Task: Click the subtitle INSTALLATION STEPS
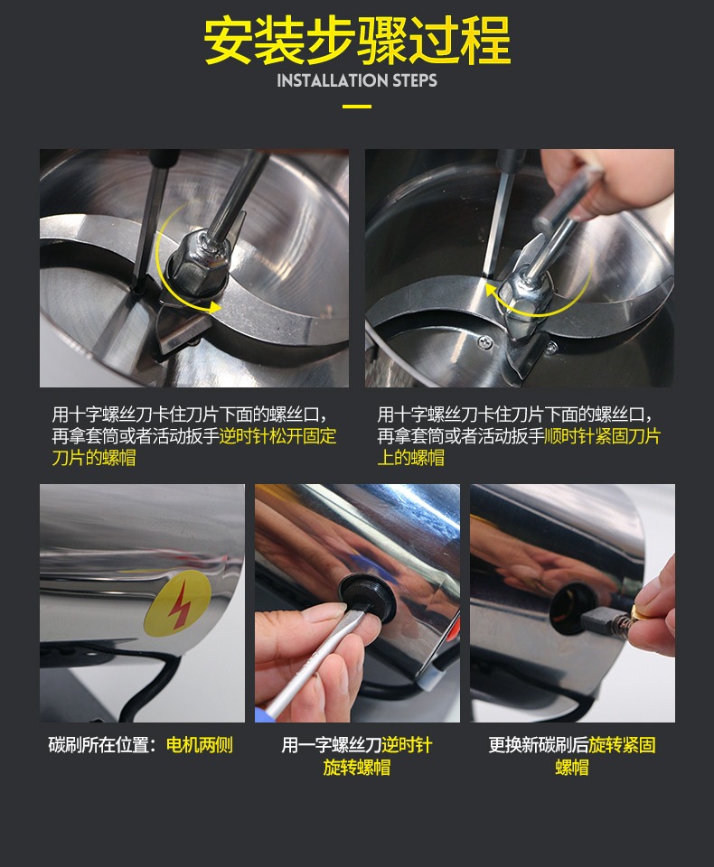pyautogui.click(x=357, y=80)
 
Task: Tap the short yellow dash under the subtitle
pyautogui.click(x=357, y=107)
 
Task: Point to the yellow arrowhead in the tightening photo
pyautogui.click(x=492, y=289)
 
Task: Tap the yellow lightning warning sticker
pyautogui.click(x=177, y=602)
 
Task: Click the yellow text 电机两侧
pyautogui.click(x=200, y=745)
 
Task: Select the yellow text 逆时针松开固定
pyautogui.click(x=277, y=436)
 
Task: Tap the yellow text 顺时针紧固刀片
pyautogui.click(x=603, y=436)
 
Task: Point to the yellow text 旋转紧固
pyautogui.click(x=622, y=745)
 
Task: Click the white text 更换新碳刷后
pyautogui.click(x=539, y=745)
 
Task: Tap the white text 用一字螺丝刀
pyautogui.click(x=332, y=745)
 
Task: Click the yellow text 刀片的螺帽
pyautogui.click(x=93, y=458)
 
